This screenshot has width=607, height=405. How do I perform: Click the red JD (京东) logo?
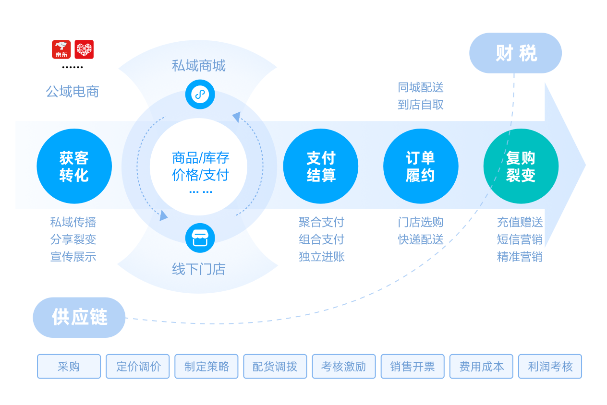(61, 49)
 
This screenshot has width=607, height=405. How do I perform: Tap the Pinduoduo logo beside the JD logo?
(85, 49)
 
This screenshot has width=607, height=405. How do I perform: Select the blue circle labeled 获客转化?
(74, 167)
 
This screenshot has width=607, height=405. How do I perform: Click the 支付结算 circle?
(321, 167)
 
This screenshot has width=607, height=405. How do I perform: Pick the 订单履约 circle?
(421, 167)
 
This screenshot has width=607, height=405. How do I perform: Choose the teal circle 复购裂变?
(521, 167)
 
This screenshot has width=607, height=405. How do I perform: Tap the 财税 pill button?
(515, 53)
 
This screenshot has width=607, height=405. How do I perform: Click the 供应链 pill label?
(79, 318)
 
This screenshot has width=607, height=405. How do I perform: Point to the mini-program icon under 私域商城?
(200, 94)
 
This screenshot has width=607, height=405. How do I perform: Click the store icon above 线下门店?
(200, 238)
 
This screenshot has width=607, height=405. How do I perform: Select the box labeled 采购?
(69, 367)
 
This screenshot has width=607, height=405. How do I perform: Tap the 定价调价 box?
(138, 367)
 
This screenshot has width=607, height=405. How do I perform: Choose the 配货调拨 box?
(275, 367)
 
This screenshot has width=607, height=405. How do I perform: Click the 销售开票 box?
(412, 367)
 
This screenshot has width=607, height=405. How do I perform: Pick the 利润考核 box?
(550, 367)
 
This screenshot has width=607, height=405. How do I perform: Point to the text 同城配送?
(421, 87)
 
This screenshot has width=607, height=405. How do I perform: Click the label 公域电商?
(73, 92)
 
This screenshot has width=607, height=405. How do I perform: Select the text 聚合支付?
(321, 222)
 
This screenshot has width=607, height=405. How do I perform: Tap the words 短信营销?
(520, 239)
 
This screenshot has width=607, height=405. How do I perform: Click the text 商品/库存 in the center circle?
(201, 157)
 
